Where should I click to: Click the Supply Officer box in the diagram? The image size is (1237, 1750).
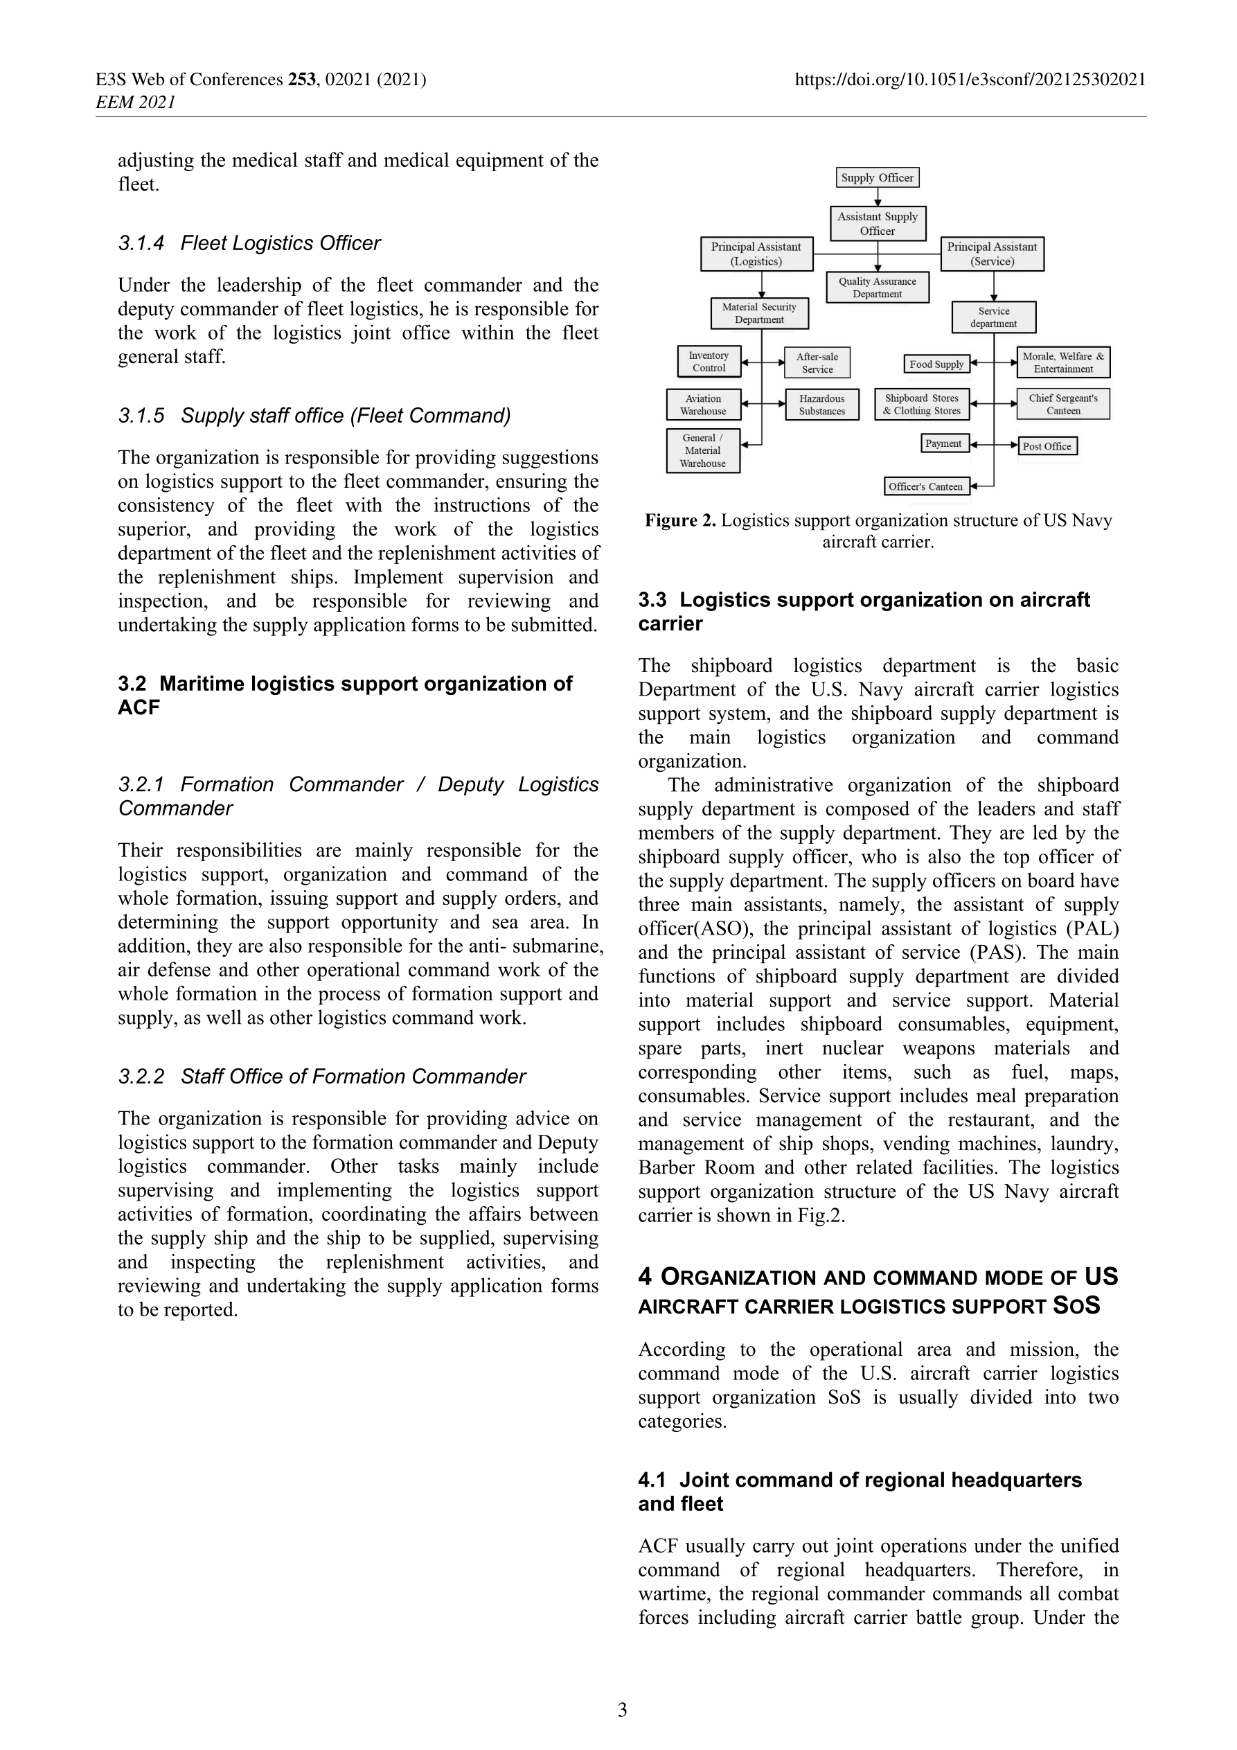(x=878, y=177)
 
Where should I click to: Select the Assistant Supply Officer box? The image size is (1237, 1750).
(x=878, y=223)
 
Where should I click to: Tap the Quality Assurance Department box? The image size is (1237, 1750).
(x=878, y=288)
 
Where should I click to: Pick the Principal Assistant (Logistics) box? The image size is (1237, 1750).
(x=756, y=254)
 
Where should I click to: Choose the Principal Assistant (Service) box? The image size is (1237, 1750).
(x=992, y=254)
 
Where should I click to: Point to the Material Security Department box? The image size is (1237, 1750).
(x=759, y=313)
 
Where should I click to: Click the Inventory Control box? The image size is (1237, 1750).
(x=709, y=361)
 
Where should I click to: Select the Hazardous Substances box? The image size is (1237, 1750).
(x=821, y=405)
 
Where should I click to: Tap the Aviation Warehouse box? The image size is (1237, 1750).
(x=703, y=405)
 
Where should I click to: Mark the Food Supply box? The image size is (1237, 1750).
(x=936, y=364)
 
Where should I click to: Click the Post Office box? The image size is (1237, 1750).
(x=1047, y=446)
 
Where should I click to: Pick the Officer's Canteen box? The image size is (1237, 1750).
(x=925, y=486)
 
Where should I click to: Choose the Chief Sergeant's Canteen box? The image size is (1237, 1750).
(x=1062, y=404)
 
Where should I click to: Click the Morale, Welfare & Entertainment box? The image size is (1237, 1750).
(x=1062, y=362)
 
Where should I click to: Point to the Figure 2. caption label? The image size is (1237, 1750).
(x=680, y=520)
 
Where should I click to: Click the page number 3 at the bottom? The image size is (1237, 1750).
(x=622, y=1710)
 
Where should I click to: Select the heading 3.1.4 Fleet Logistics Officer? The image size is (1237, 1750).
(x=249, y=243)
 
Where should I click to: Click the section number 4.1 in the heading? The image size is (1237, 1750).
(x=652, y=1481)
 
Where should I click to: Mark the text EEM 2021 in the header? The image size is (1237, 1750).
(x=136, y=102)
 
